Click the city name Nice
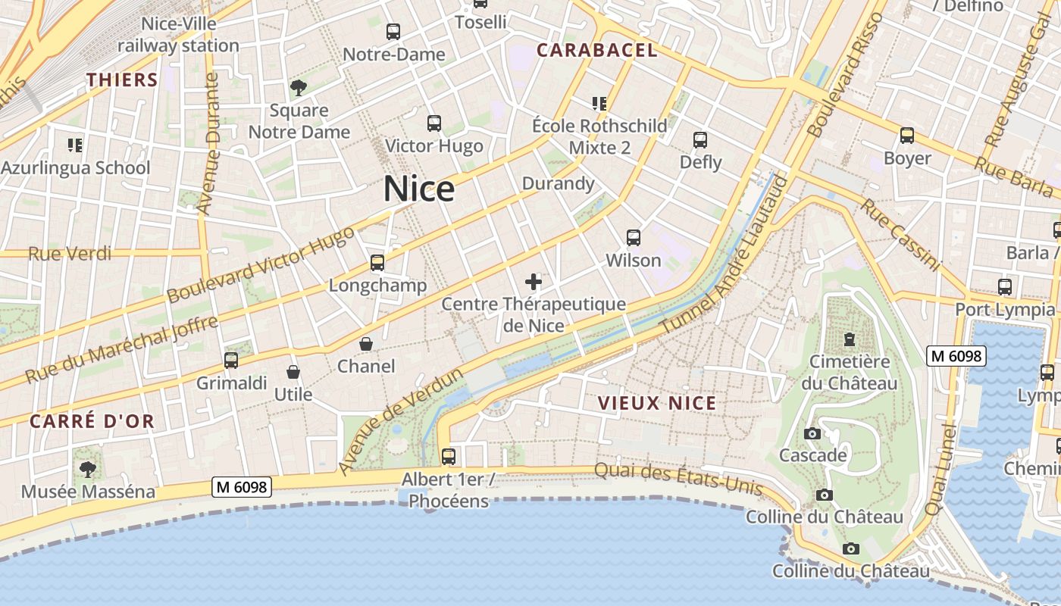(x=419, y=189)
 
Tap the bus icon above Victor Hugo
(x=434, y=123)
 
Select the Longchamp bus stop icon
(x=377, y=263)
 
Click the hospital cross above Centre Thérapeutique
(x=534, y=282)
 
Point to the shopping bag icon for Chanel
(x=366, y=344)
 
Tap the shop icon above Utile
(x=293, y=372)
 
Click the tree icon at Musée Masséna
(x=88, y=469)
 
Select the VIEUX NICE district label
(x=657, y=403)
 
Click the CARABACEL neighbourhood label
(x=596, y=51)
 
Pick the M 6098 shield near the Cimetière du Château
(x=956, y=355)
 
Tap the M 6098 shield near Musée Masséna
(x=242, y=486)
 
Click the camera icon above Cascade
(x=812, y=433)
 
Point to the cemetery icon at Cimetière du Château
(x=849, y=339)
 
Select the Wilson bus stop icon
(x=634, y=237)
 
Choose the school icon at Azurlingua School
(x=75, y=144)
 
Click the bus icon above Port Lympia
(x=1005, y=286)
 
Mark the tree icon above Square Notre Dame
(x=299, y=87)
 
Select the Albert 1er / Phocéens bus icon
(x=449, y=456)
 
